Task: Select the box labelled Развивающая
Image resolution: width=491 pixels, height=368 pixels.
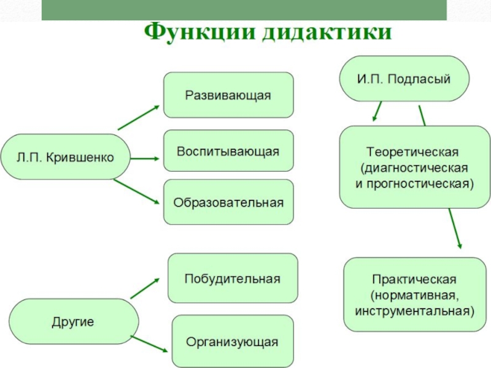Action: point(228,95)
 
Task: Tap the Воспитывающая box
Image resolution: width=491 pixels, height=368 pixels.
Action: point(228,151)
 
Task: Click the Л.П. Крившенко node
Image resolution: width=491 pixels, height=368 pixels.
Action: point(65,157)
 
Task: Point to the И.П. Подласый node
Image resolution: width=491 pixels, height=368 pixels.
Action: point(404,79)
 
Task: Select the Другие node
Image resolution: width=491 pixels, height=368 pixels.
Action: point(72,321)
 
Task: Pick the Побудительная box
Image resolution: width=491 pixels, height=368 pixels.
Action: point(233,278)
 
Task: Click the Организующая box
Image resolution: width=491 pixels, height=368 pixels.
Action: point(233,342)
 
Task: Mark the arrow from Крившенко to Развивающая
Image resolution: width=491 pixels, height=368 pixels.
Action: point(139,117)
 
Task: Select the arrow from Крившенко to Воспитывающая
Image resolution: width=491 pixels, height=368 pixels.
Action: point(145,158)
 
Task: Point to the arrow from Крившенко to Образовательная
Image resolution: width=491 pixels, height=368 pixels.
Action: point(137,193)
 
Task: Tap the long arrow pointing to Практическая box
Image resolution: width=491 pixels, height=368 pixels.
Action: point(455,228)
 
